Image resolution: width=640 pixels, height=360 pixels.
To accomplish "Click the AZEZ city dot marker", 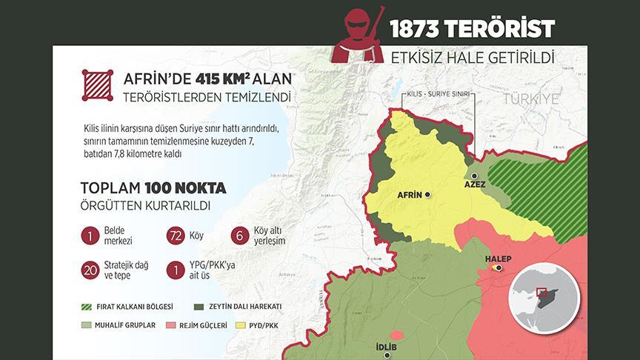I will (x=475, y=176).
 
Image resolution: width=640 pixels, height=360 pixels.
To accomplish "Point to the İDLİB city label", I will (x=387, y=345).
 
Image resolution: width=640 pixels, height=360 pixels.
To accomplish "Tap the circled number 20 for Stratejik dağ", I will (x=90, y=270).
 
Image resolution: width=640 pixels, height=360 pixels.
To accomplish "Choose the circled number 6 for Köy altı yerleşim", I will (x=239, y=236).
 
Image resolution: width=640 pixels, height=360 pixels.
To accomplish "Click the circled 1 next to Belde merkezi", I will (x=90, y=236).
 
